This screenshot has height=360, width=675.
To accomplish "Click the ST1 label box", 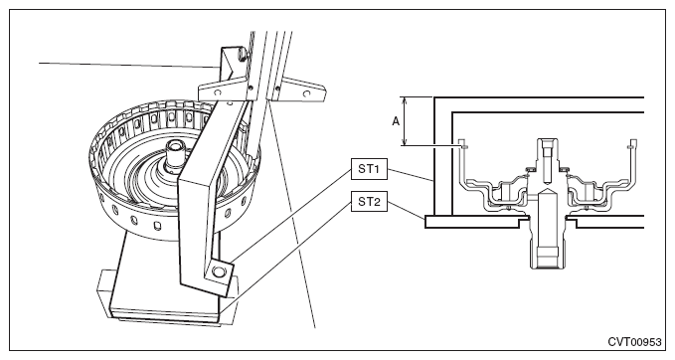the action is click(x=369, y=169).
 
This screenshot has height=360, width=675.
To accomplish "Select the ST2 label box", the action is click(x=369, y=201).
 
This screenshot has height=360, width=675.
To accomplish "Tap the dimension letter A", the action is click(x=396, y=122).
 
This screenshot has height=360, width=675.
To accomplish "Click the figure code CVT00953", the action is click(x=634, y=342).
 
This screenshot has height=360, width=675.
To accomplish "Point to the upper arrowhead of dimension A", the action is click(x=405, y=100).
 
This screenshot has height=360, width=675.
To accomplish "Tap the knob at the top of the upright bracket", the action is click(x=242, y=54).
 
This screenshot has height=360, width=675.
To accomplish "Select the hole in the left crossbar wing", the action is click(x=218, y=92).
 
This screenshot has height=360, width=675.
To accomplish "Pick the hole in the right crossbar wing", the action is click(x=305, y=93).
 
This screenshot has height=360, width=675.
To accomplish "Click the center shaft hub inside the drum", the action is click(x=177, y=151).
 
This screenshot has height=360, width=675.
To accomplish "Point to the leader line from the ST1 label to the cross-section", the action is click(x=411, y=174).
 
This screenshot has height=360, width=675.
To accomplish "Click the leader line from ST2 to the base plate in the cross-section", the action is click(x=407, y=209).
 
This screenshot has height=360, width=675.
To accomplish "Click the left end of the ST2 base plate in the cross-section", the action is click(x=425, y=222).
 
